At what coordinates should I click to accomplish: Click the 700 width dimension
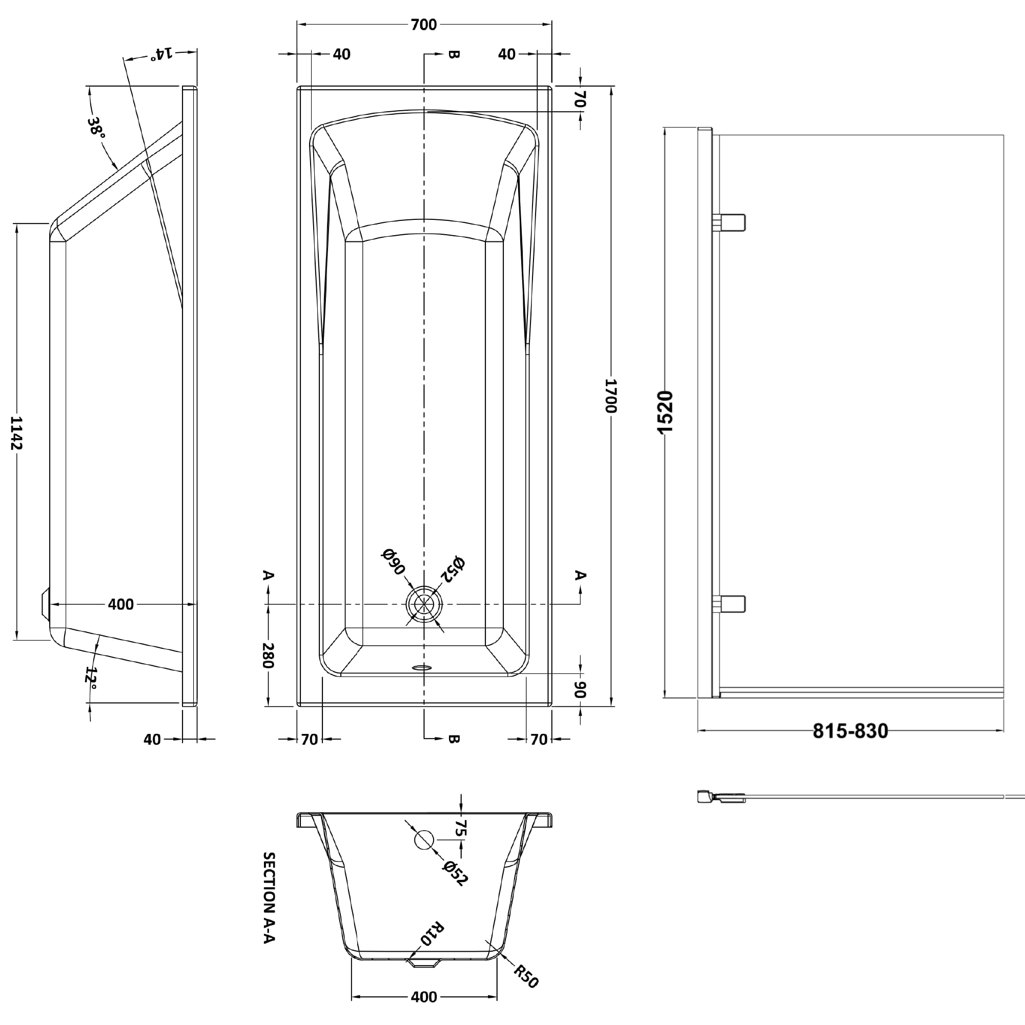click(x=423, y=25)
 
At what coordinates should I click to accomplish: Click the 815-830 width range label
click(x=850, y=731)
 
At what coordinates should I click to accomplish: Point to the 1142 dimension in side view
click(x=17, y=433)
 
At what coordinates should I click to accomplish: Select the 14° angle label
click(x=161, y=54)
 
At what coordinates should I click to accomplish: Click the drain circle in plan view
click(x=424, y=604)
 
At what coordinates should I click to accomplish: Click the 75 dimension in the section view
click(x=461, y=828)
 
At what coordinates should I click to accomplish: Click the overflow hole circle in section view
click(x=423, y=839)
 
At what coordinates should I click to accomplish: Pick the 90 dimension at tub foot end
click(x=581, y=689)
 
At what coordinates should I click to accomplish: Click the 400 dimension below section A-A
click(x=423, y=997)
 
